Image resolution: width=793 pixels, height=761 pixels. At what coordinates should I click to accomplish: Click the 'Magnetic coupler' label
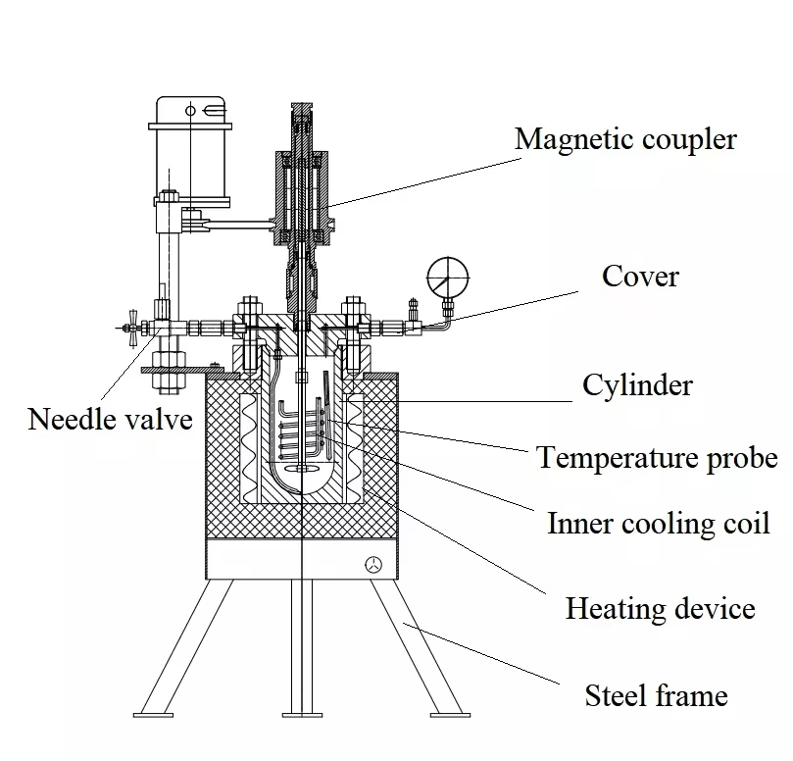(x=625, y=139)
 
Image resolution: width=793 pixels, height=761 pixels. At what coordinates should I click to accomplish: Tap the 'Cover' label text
(x=640, y=277)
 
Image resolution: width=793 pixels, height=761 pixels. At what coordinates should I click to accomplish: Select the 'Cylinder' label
(x=637, y=384)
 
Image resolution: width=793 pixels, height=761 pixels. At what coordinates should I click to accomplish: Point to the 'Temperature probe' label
(x=657, y=457)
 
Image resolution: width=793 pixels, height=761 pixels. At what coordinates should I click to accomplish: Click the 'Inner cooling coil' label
(x=658, y=523)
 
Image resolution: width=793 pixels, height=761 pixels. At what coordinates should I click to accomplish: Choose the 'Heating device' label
(x=660, y=609)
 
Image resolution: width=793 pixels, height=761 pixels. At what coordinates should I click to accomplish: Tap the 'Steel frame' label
(x=656, y=696)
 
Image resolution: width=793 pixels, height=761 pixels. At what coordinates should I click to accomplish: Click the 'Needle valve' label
(x=110, y=420)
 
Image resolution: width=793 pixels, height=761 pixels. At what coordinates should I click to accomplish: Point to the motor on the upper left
(x=190, y=147)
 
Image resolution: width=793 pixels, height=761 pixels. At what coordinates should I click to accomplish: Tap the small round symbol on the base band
(x=373, y=564)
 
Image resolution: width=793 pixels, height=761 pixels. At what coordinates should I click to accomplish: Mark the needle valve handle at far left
(x=130, y=326)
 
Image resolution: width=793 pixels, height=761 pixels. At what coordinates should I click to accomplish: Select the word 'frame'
(x=692, y=696)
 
